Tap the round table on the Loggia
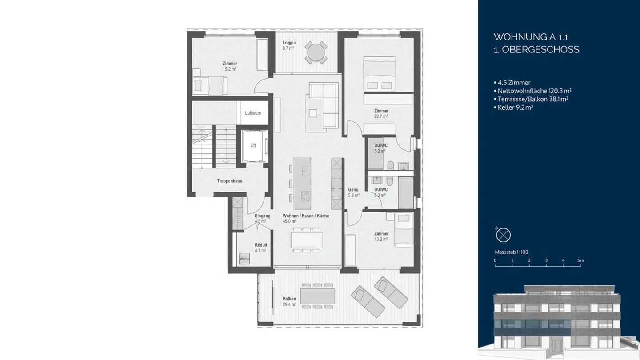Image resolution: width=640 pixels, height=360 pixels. pyautogui.click(x=316, y=52)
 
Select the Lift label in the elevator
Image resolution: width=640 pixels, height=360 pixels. pyautogui.click(x=253, y=145)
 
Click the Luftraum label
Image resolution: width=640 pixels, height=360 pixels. pyautogui.click(x=253, y=113)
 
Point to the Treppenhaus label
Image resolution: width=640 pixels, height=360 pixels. pyautogui.click(x=229, y=181)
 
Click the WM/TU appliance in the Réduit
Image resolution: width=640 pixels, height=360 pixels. pyautogui.click(x=244, y=259)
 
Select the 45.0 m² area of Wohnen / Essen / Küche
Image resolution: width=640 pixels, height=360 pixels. pyautogui.click(x=290, y=221)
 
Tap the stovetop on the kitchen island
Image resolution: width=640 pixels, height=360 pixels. pyautogui.click(x=306, y=195)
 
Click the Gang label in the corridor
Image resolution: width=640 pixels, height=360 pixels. pyautogui.click(x=353, y=190)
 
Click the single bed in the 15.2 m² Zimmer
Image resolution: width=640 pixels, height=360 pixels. pyautogui.click(x=208, y=84)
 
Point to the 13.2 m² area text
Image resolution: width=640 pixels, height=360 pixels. pyautogui.click(x=381, y=239)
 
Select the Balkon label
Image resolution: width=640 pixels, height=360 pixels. pyautogui.click(x=289, y=299)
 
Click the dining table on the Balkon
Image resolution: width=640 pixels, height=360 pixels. pyautogui.click(x=317, y=295)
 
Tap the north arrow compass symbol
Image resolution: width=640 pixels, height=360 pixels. pyautogui.click(x=504, y=234)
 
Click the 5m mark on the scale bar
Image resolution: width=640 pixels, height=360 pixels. pyautogui.click(x=580, y=260)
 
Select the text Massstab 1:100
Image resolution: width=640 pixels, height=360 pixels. pyautogui.click(x=511, y=252)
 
